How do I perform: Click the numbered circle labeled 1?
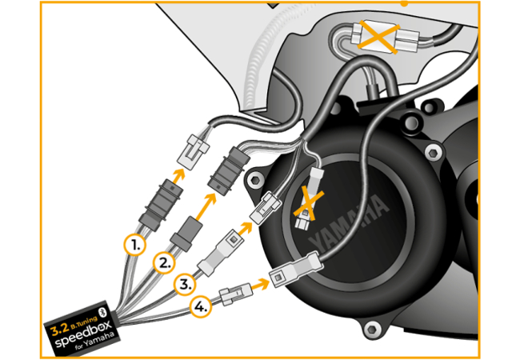136,244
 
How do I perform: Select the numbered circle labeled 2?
166,262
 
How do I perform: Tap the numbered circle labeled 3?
185,284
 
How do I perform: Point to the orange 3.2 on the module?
59,327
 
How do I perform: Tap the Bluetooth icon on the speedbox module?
102,310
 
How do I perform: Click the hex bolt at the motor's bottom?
371,328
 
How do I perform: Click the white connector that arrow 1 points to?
194,149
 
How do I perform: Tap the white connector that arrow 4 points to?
291,272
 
